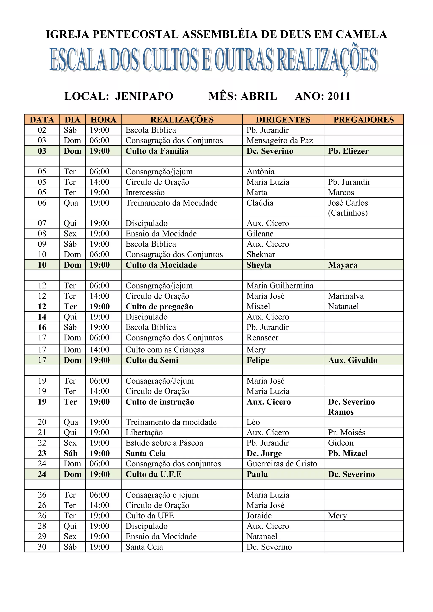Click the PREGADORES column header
click(363, 120)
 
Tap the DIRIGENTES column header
click(283, 120)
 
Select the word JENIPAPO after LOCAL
click(144, 96)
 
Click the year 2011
click(339, 96)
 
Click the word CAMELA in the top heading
click(361, 34)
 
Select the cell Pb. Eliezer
click(348, 151)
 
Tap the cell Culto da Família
click(157, 151)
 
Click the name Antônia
click(260, 171)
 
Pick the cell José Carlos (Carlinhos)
click(348, 208)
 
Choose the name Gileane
click(260, 234)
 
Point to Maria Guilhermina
click(280, 286)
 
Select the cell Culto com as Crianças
click(165, 350)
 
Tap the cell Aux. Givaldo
click(352, 360)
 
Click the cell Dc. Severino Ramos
click(351, 407)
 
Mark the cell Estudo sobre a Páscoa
click(164, 443)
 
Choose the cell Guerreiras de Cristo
click(282, 463)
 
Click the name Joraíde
click(259, 515)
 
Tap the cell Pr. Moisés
click(346, 432)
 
